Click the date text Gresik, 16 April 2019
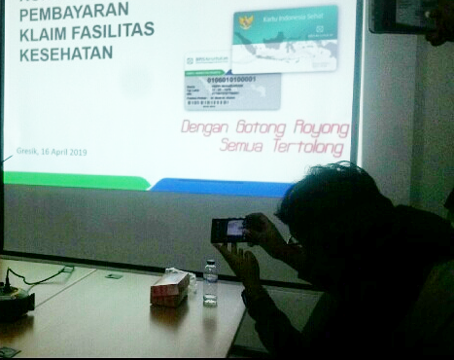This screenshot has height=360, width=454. point(52,153)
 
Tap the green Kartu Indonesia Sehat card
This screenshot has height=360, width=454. point(284,38)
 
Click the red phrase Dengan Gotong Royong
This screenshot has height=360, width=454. point(264,126)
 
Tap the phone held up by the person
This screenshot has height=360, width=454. point(229,230)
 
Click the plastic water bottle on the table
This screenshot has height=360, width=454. point(210,283)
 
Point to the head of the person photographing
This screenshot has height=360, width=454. point(331,199)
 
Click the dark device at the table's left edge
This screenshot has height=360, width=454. point(16,304)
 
